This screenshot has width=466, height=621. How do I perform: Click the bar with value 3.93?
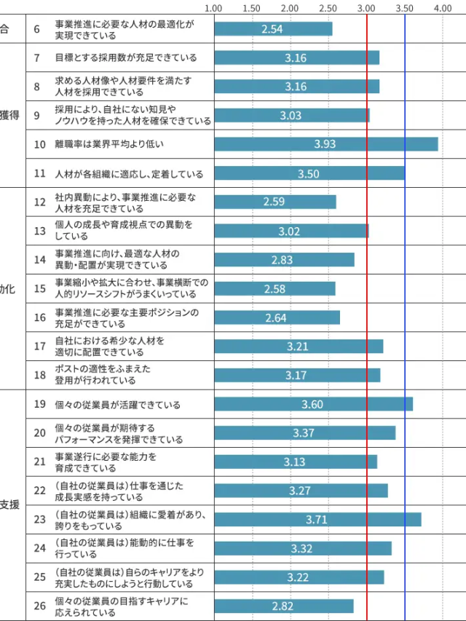tap(325, 144)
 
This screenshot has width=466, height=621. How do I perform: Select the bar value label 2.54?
tap(272, 29)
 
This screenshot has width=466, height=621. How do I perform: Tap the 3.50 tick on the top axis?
tap(405, 8)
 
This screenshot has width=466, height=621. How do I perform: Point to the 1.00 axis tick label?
tap(214, 8)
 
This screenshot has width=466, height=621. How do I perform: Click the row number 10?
tap(40, 144)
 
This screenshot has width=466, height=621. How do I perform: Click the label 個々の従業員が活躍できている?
tap(117, 404)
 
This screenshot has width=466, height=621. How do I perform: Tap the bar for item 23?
tap(317, 519)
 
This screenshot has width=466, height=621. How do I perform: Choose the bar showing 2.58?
tap(275, 289)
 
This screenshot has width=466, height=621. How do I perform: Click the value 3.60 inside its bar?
tap(312, 405)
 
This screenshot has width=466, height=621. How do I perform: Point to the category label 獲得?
tap(9, 115)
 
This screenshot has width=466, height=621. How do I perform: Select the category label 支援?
tap(9, 505)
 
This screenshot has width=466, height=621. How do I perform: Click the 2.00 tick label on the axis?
tap(290, 8)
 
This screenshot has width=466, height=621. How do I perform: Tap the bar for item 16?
tap(277, 317)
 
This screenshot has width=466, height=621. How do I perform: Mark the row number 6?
tap(37, 29)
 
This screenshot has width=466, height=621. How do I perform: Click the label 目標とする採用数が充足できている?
tap(125, 58)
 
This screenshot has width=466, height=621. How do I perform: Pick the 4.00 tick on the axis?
tap(443, 8)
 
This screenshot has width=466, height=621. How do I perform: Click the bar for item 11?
tap(309, 173)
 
